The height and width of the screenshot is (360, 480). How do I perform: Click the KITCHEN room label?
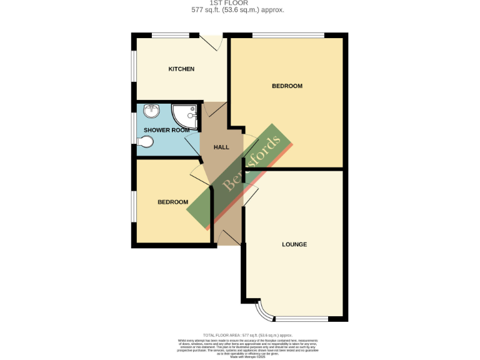coord(181,69)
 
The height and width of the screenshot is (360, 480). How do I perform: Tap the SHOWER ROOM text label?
coord(166,130)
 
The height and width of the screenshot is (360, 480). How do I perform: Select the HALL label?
coord(221,147)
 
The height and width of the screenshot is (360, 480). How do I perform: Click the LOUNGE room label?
coord(294,244)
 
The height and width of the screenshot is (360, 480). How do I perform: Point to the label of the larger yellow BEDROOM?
coord(287,86)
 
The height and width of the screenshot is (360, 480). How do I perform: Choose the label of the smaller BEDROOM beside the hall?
coord(172,202)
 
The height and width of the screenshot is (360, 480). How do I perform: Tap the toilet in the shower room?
coord(144,142)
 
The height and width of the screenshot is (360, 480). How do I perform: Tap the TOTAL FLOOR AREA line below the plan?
coord(239,336)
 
